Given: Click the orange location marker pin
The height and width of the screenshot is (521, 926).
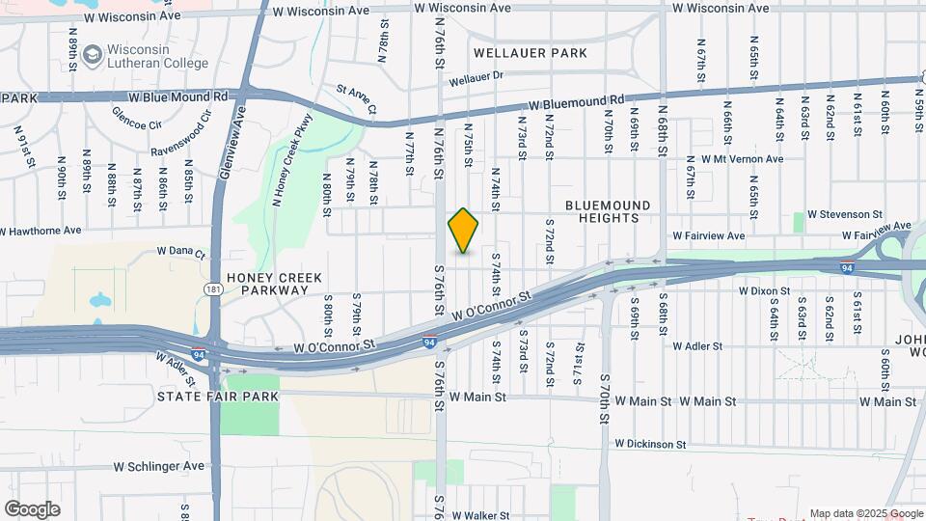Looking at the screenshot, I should click(x=464, y=231).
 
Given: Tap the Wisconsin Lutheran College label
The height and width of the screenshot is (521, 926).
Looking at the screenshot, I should click(x=158, y=57).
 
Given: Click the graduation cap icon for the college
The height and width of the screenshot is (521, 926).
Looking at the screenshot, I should click(x=93, y=56).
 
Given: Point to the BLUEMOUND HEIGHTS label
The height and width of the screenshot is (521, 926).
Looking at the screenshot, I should click(x=608, y=211).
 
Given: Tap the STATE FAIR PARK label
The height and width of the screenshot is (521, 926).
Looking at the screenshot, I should click(x=209, y=396).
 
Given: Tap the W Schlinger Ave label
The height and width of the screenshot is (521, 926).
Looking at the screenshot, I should click(x=159, y=466).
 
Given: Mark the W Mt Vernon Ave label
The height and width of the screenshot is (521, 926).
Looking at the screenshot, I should click(x=735, y=159).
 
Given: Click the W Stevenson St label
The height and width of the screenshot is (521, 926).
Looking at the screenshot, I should click(x=845, y=213).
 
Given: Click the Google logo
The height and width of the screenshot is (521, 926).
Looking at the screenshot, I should click(x=32, y=508).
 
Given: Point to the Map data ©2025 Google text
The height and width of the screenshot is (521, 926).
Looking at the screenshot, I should click(x=865, y=513).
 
